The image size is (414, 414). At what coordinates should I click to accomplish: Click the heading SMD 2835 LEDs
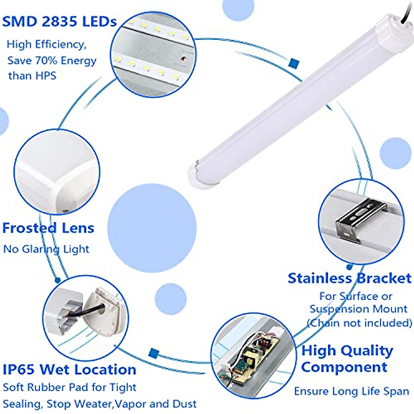pyautogui.click(x=59, y=21)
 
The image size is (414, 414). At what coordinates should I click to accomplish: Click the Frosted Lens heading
pyautogui.click(x=48, y=228)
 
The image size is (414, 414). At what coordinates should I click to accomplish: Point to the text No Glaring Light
pyautogui.click(x=46, y=249)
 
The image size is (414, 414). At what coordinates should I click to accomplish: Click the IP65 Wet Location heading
pyautogui.click(x=69, y=369)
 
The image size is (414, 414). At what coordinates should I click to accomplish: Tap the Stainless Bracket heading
pyautogui.click(x=349, y=278)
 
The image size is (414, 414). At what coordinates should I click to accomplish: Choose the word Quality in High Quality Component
pyautogui.click(x=367, y=351)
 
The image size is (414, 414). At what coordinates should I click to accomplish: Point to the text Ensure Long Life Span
pyautogui.click(x=351, y=391)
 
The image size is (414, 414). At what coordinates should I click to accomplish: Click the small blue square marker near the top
pyautogui.click(x=294, y=63)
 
